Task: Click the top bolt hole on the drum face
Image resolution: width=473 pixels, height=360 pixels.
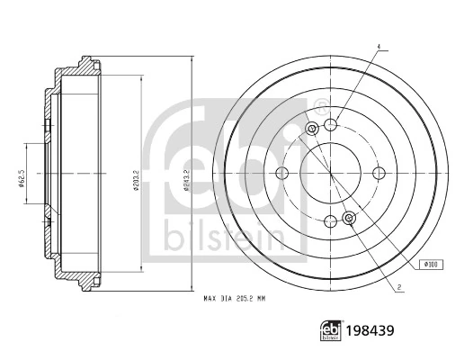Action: [x=331, y=124]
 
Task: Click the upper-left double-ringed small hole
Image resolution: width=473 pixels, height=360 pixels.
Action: [x=312, y=130]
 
